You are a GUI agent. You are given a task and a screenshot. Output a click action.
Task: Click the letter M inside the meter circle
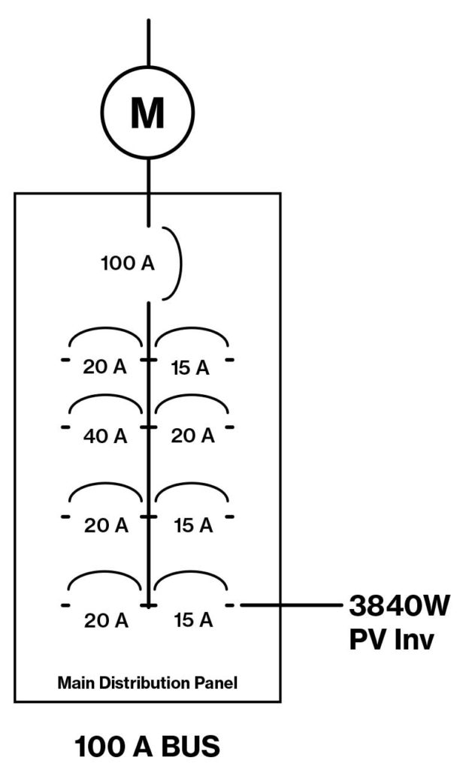[147, 114]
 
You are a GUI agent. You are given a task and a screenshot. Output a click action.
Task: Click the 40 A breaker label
[105, 435]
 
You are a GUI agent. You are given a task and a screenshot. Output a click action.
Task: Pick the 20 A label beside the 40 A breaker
[193, 435]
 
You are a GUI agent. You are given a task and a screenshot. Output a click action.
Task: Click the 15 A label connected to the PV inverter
[193, 620]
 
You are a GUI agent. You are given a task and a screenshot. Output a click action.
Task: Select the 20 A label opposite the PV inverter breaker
[105, 620]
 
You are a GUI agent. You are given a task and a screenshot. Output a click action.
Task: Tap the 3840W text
[399, 605]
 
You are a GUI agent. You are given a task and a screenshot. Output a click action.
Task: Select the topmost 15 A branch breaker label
[193, 368]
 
